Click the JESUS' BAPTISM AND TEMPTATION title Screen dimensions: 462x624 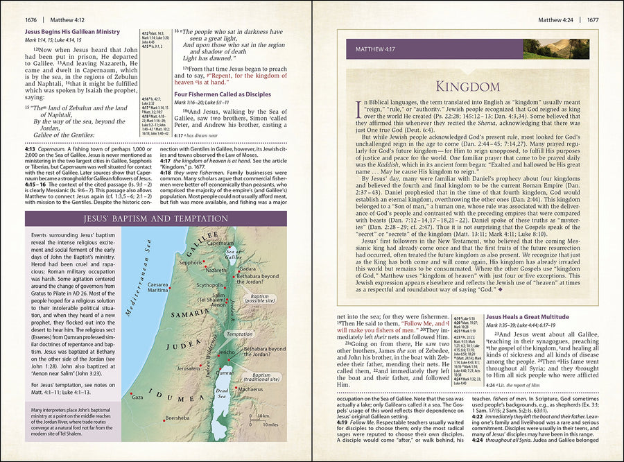[156, 219]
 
